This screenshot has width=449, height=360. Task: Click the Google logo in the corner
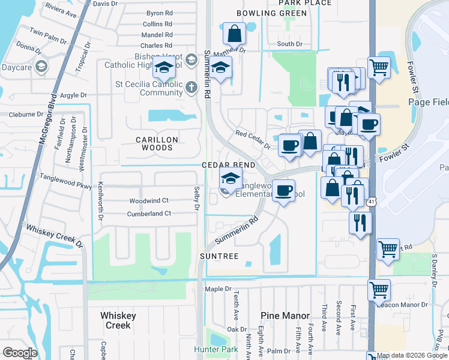(x=20, y=353)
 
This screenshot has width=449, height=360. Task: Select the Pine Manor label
(x=285, y=316)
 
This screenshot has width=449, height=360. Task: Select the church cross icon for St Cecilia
(x=191, y=88)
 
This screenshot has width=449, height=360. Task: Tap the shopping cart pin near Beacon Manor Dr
(x=379, y=290)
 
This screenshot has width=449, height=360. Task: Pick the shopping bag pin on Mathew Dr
(x=234, y=34)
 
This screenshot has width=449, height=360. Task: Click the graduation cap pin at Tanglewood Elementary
(x=229, y=178)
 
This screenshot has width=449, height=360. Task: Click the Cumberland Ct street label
(x=149, y=214)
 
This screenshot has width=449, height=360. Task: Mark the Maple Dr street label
(x=218, y=289)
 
